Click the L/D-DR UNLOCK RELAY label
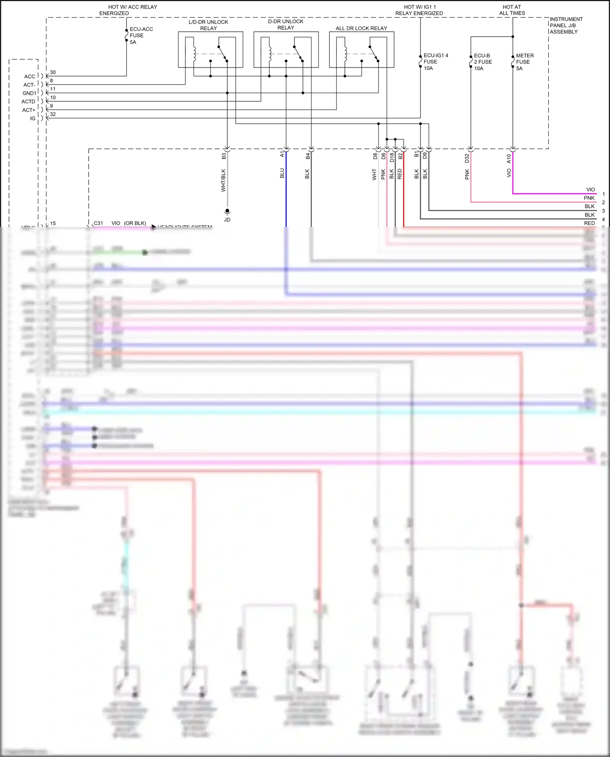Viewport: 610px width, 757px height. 208,25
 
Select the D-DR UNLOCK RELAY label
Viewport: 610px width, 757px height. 285,24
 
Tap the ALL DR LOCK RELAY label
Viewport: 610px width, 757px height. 361,28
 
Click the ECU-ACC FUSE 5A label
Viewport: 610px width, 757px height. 141,36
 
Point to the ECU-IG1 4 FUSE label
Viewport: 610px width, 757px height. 436,62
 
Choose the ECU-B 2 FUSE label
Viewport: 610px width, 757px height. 483,62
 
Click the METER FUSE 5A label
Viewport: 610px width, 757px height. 525,62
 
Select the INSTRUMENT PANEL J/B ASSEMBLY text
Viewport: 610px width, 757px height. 566,25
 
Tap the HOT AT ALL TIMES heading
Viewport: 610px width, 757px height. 512,10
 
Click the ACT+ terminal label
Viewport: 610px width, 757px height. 28,110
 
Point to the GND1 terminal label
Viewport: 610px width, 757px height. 29,94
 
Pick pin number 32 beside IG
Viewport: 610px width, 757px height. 53,114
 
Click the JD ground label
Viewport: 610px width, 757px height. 227,220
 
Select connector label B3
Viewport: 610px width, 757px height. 224,156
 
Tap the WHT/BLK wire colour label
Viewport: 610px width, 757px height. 223,180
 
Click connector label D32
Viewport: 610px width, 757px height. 467,158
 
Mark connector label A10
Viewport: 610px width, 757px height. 509,159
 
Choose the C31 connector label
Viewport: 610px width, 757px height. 98,223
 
